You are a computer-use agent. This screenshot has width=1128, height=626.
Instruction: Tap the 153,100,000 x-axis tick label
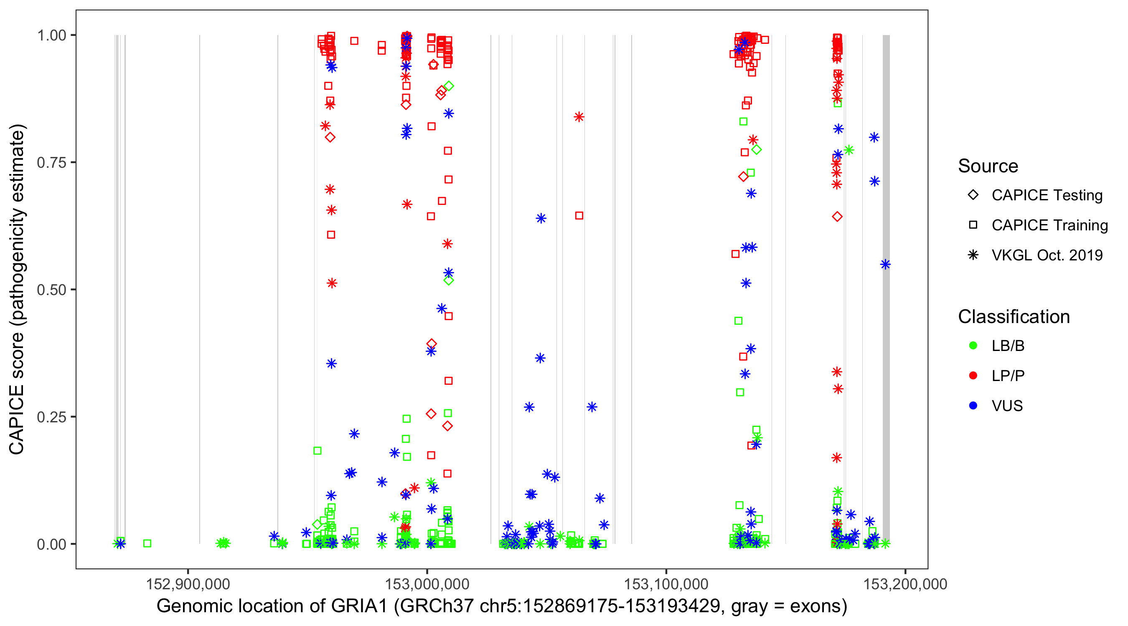[x=666, y=584]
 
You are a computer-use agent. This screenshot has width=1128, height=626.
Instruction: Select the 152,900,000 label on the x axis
[x=188, y=584]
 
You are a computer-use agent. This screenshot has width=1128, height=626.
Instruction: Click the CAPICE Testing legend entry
[x=1047, y=195]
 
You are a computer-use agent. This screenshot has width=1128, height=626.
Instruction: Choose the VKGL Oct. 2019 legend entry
[x=1047, y=255]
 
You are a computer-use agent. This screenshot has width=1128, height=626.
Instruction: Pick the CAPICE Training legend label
[x=1049, y=225]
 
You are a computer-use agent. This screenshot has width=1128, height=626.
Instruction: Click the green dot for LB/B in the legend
[x=973, y=346]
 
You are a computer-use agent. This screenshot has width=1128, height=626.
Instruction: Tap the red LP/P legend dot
[x=973, y=376]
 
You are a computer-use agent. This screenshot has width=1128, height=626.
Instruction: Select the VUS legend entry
[x=1007, y=406]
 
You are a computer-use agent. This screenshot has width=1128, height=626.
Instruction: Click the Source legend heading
[x=988, y=166]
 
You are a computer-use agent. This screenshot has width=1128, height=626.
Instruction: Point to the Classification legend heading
[x=1014, y=317]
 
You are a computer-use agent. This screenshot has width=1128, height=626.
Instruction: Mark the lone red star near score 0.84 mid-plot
[x=579, y=117]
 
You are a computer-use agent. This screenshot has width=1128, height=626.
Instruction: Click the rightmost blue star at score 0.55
[x=885, y=264]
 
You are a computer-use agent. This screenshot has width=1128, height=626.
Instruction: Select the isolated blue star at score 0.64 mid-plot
[x=541, y=218]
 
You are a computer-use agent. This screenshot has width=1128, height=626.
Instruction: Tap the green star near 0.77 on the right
[x=849, y=150]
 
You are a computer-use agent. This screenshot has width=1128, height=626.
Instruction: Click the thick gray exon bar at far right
[x=886, y=289]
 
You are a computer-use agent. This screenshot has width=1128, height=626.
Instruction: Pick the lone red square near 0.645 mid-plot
[x=579, y=216]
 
